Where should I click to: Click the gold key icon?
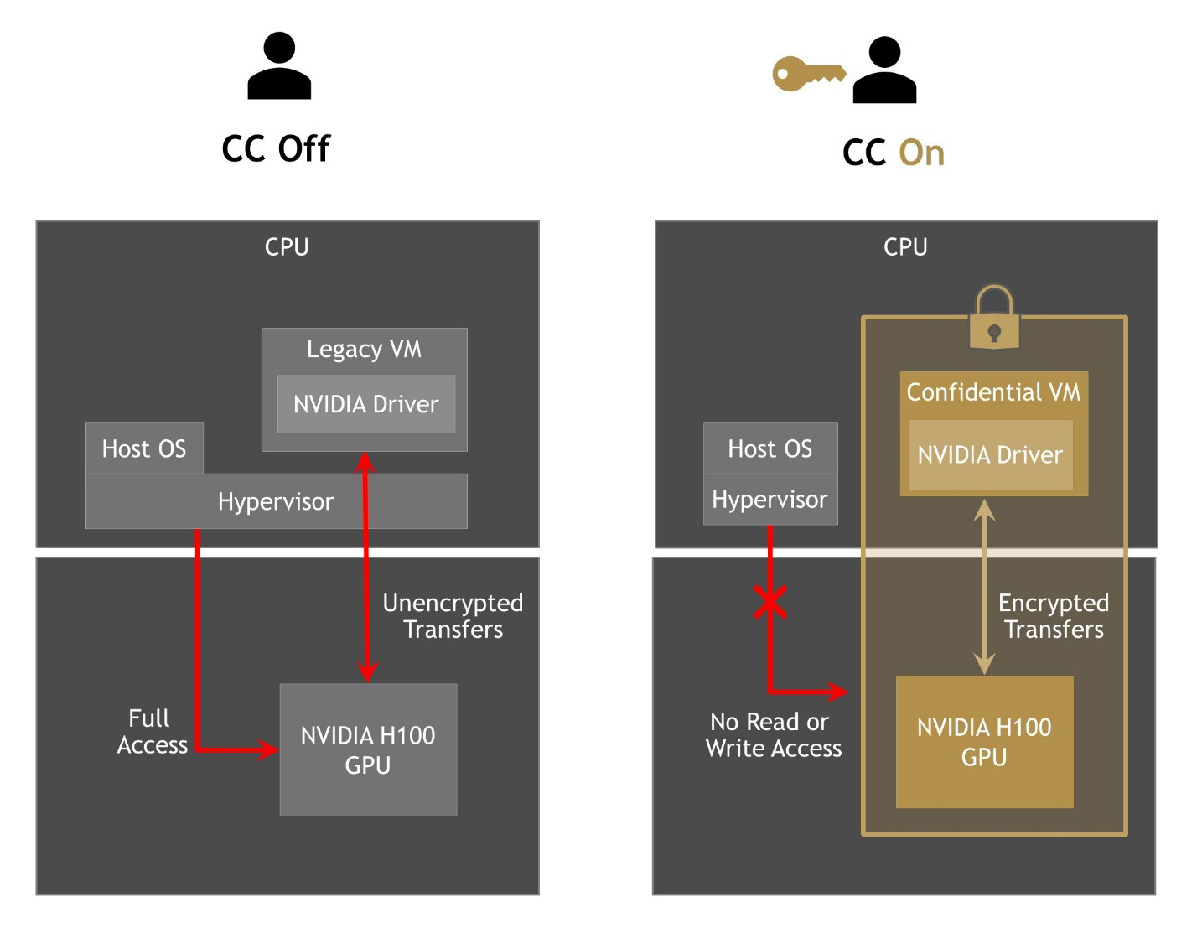[807, 74]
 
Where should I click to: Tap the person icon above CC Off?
[279, 66]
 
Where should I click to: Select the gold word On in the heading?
[921, 153]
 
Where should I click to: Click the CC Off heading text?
[276, 149]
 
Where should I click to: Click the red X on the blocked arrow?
[770, 602]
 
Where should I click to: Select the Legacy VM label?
[364, 349]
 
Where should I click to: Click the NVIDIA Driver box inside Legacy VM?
[365, 404]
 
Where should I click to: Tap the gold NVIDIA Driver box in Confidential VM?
[990, 455]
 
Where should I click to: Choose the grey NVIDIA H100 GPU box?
[368, 749]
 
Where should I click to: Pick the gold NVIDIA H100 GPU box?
[984, 742]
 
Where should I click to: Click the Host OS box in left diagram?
[144, 448]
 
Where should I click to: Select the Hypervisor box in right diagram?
[769, 500]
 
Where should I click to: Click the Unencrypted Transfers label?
[453, 616]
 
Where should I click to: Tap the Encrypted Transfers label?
[1054, 616]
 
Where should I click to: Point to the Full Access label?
[152, 732]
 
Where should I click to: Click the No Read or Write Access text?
[773, 735]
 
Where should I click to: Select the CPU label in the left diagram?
[287, 247]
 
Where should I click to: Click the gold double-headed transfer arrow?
[985, 587]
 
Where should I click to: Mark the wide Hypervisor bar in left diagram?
[276, 501]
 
